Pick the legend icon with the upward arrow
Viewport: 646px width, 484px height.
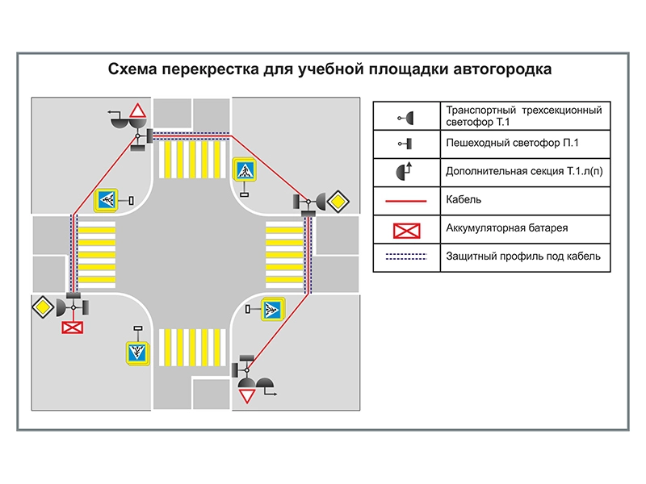pos(406,171)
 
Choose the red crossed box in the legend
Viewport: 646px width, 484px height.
pos(407,230)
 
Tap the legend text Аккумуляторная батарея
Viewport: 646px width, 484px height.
pos(506,228)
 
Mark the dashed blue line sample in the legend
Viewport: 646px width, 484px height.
pos(407,257)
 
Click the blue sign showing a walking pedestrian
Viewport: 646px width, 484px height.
pos(245,171)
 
